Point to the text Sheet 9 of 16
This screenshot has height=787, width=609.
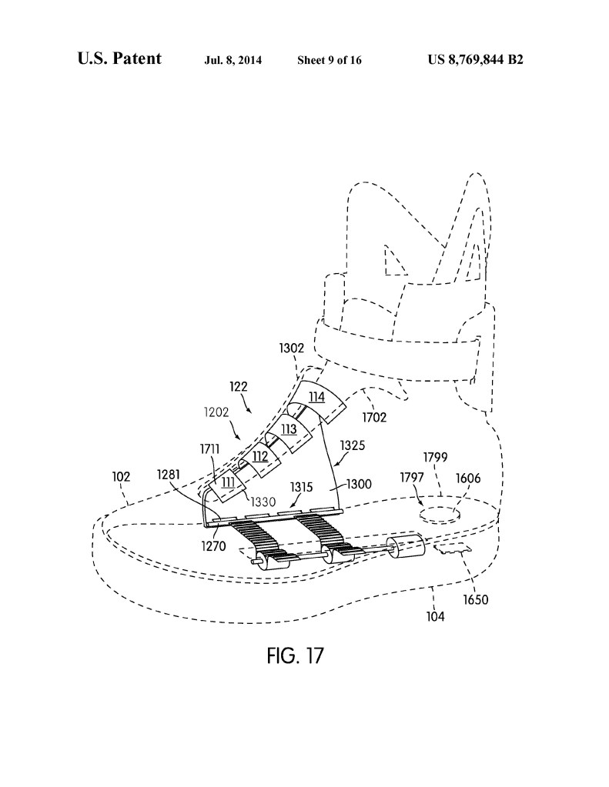[x=330, y=60]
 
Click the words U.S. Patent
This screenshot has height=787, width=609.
[x=119, y=58]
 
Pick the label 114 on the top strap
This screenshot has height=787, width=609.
[x=317, y=397]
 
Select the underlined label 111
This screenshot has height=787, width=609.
[x=229, y=482]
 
